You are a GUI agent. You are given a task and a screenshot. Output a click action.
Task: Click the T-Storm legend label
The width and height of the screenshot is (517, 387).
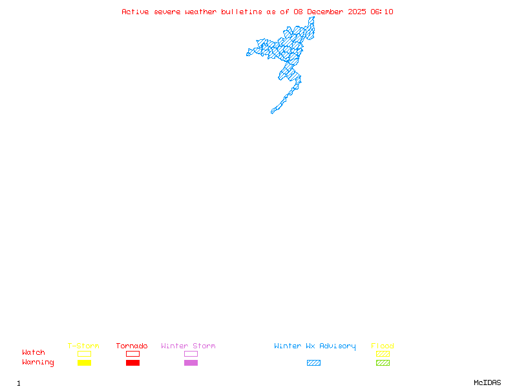(x=83, y=346)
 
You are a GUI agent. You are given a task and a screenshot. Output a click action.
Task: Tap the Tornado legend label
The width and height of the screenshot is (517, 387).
(x=132, y=346)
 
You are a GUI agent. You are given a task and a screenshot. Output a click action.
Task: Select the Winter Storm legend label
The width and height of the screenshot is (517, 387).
(x=188, y=346)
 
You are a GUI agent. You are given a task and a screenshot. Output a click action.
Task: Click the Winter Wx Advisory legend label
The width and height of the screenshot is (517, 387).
(x=315, y=346)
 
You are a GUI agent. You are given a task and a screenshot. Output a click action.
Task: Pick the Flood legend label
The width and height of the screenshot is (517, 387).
(x=383, y=346)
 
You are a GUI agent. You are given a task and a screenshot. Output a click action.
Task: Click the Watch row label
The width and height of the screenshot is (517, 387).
(x=34, y=353)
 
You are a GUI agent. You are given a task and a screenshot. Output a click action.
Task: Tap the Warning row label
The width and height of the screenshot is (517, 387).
(x=38, y=362)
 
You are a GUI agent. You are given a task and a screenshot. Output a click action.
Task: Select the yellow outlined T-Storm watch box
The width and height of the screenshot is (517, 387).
(x=84, y=353)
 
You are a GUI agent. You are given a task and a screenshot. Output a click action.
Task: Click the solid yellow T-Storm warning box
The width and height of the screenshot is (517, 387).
(x=84, y=362)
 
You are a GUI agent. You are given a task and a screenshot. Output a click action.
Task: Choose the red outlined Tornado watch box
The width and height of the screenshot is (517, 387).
(x=132, y=353)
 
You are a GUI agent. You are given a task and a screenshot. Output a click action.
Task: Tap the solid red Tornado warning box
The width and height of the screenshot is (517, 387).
(x=132, y=362)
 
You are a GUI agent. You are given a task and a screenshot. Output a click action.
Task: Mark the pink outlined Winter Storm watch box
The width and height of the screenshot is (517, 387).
(x=191, y=353)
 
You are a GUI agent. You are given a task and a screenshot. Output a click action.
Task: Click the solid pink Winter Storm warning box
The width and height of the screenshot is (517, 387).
(x=191, y=362)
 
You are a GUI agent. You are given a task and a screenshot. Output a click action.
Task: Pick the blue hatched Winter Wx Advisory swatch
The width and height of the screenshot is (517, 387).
(x=313, y=362)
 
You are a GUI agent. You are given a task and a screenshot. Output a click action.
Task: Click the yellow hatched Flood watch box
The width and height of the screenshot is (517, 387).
(x=383, y=353)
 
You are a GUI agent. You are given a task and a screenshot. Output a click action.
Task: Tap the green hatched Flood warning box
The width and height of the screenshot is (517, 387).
(x=383, y=362)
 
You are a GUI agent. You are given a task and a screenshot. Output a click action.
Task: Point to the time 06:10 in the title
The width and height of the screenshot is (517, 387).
(x=382, y=12)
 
